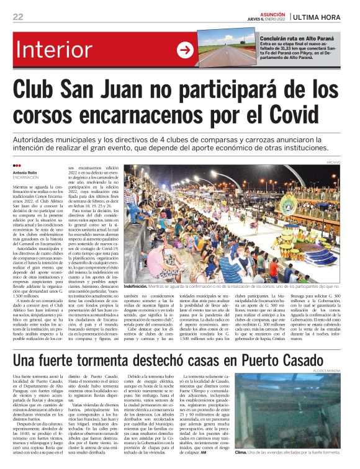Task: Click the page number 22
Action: tap(18, 17)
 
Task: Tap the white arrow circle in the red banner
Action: tap(186, 51)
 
